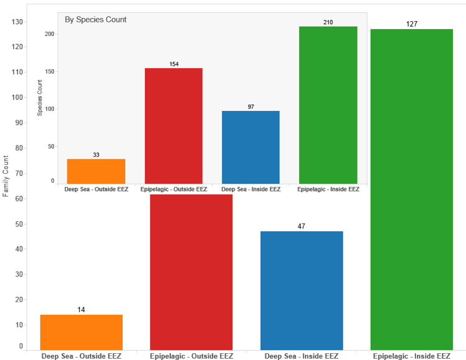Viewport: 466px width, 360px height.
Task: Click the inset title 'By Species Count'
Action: click(x=95, y=20)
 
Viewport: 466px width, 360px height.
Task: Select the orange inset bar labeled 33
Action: click(x=96, y=171)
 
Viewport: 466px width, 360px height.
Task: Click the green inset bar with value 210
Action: click(x=328, y=105)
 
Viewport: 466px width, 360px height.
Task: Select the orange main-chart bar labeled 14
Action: click(x=81, y=332)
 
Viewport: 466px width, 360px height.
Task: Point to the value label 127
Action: click(x=411, y=24)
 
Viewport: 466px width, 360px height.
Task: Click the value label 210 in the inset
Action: click(x=328, y=22)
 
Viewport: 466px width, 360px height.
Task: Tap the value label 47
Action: click(x=301, y=226)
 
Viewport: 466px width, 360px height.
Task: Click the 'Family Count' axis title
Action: click(x=6, y=177)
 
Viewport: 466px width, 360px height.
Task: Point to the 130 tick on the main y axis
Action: click(x=17, y=22)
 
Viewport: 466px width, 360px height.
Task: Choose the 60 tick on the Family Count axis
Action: click(x=19, y=199)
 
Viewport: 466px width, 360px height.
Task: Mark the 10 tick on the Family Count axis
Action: click(x=19, y=325)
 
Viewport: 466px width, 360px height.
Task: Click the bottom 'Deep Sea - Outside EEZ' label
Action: click(x=81, y=356)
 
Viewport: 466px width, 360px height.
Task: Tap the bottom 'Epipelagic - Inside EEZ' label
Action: click(x=411, y=356)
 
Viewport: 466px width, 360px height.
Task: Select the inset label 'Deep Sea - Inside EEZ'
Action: click(x=250, y=189)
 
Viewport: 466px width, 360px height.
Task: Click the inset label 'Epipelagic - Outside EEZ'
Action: click(x=174, y=189)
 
